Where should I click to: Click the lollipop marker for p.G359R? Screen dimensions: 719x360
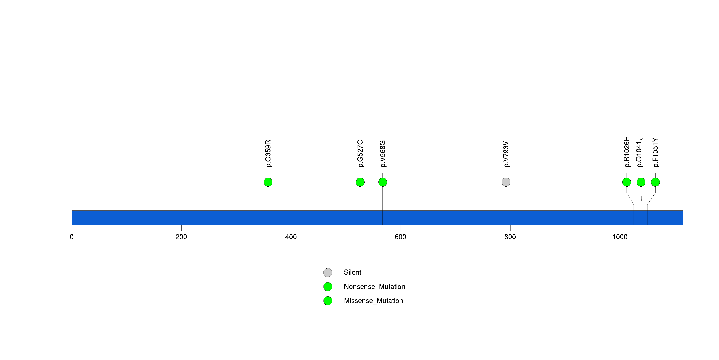pos(268,182)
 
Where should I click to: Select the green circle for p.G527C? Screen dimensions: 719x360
pos(360,182)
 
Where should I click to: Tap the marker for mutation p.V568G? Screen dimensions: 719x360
pos(383,182)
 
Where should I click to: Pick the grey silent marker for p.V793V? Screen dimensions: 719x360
pos(506,182)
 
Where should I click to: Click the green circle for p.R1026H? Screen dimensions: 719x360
pos(627,182)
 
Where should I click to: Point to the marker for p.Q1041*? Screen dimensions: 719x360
pos(641,182)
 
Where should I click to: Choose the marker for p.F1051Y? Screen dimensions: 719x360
pos(655,182)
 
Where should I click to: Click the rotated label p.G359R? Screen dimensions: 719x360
pos(268,154)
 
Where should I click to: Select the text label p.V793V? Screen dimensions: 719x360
pos(506,154)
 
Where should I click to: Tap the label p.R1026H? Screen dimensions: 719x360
pos(627,152)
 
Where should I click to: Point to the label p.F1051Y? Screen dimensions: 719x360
pos(655,152)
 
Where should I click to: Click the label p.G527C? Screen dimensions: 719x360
pos(360,154)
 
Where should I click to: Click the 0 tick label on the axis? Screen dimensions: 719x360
pos(72,237)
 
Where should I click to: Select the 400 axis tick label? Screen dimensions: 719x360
pos(291,237)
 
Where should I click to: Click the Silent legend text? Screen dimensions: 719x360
pos(352,272)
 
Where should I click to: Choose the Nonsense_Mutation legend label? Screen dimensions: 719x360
pos(374,287)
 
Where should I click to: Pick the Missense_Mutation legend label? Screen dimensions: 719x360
pos(374,301)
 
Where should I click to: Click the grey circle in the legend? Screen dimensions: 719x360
pos(328,272)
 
